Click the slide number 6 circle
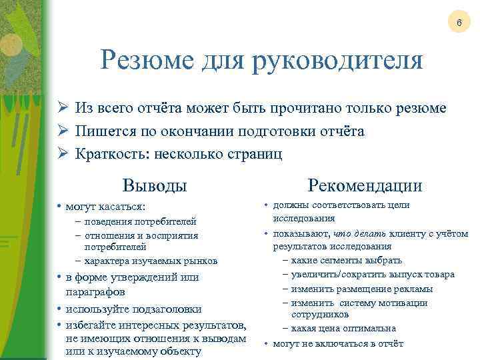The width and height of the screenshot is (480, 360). click(x=458, y=23)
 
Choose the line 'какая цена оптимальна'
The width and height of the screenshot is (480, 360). click(x=343, y=329)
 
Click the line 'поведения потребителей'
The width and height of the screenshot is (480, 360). click(x=140, y=222)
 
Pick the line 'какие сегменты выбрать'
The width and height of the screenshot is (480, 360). click(x=347, y=260)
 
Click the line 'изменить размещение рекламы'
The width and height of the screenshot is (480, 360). click(x=362, y=289)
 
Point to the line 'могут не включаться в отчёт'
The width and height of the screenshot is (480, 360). click(x=337, y=344)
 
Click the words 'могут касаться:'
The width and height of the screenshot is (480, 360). click(x=105, y=207)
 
